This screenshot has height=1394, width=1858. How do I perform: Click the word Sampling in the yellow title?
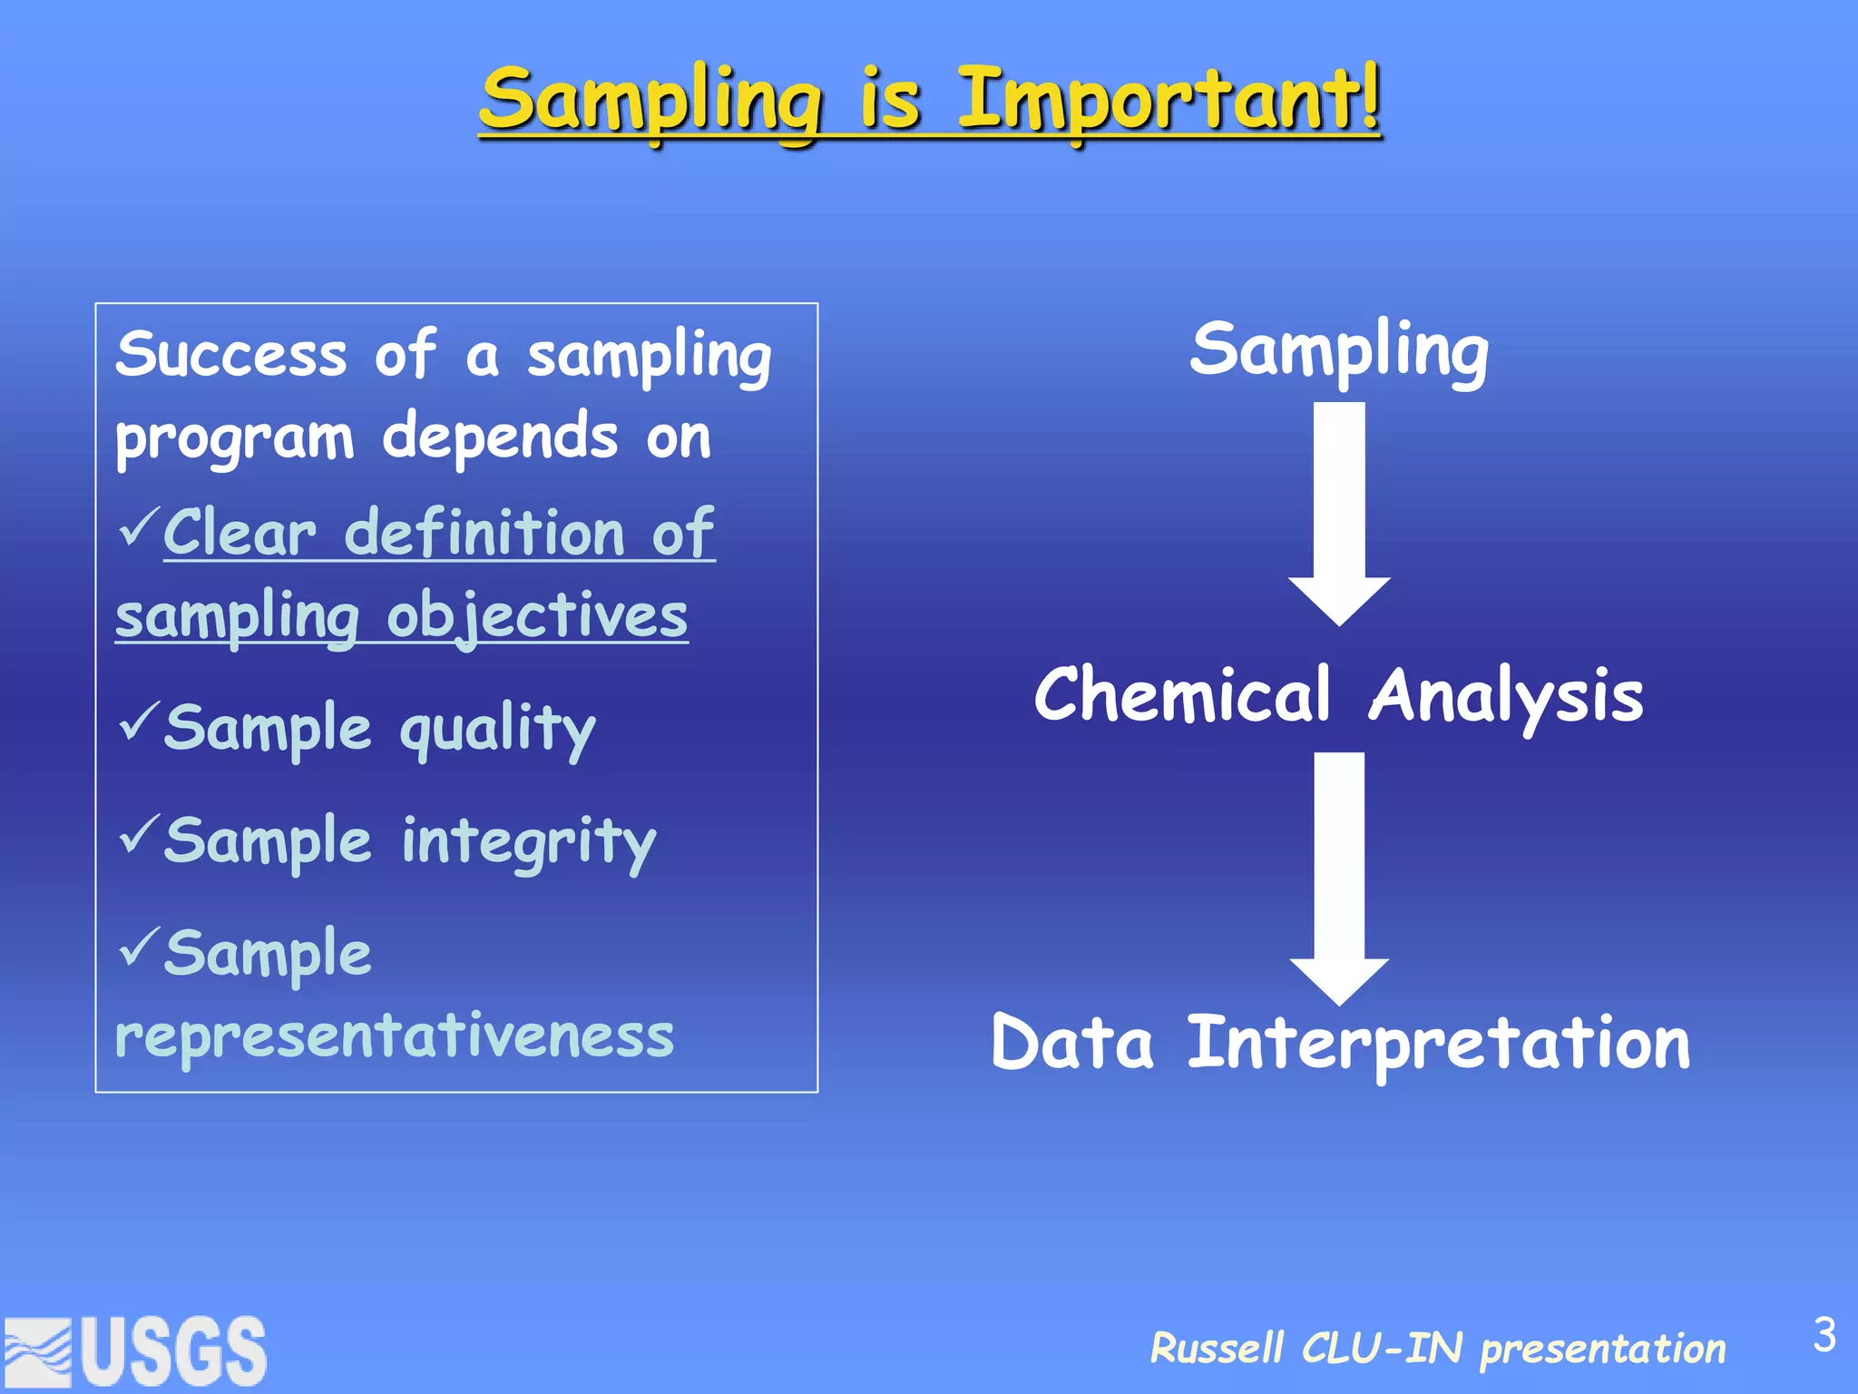pyautogui.click(x=651, y=102)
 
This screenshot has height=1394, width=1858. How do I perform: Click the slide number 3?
pyautogui.click(x=1824, y=1335)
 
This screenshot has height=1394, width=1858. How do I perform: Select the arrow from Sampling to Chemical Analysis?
pyautogui.click(x=1339, y=513)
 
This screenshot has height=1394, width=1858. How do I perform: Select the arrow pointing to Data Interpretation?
pyautogui.click(x=1339, y=876)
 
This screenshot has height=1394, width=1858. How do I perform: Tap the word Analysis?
pyautogui.click(x=1506, y=697)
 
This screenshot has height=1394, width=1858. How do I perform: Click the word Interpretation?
pyautogui.click(x=1439, y=1044)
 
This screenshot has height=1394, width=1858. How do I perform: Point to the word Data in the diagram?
pyautogui.click(x=1072, y=1044)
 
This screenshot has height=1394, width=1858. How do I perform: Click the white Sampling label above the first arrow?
pyautogui.click(x=1339, y=352)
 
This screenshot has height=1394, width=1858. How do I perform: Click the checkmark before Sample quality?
pyautogui.click(x=139, y=722)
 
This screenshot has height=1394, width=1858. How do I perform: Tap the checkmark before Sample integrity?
pyautogui.click(x=139, y=834)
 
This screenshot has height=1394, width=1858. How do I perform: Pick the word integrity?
pyautogui.click(x=528, y=843)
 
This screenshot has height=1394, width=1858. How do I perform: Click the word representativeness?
pyautogui.click(x=395, y=1036)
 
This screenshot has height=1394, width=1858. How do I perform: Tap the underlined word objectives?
pyautogui.click(x=537, y=617)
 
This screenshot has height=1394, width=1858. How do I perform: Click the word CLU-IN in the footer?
pyautogui.click(x=1381, y=1349)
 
